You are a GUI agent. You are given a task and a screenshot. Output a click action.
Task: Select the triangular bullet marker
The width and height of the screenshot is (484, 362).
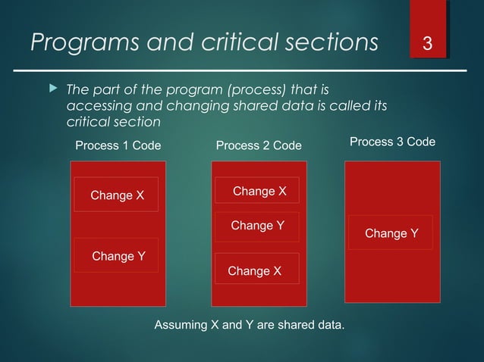[52, 90]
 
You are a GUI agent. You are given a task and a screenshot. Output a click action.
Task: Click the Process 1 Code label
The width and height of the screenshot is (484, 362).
[118, 145]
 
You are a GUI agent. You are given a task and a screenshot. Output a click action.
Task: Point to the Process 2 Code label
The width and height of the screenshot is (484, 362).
[259, 145]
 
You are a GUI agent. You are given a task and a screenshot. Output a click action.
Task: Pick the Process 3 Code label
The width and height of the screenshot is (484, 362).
[392, 142]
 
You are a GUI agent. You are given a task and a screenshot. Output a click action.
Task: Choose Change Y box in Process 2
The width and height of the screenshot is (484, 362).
[256, 226]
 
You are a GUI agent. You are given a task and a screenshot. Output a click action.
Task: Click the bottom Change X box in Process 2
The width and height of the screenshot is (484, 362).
[255, 270]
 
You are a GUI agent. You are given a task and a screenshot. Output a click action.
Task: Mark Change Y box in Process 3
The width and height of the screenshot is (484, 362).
[390, 233]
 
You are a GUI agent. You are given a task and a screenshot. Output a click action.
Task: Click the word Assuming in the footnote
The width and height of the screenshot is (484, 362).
[181, 325]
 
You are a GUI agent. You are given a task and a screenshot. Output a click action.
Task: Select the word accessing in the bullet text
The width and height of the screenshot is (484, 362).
[94, 106]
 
